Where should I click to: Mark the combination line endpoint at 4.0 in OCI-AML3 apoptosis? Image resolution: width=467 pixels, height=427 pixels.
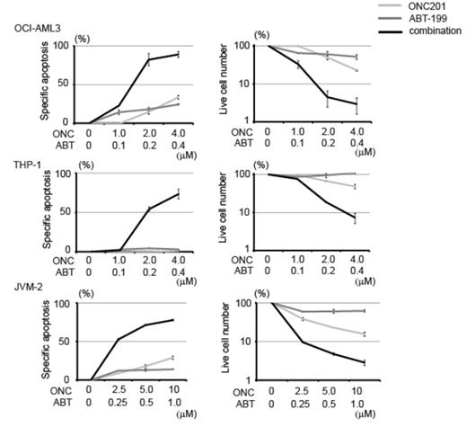(x=179, y=54)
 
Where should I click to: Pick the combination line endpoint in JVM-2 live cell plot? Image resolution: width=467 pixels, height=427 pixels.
(x=363, y=362)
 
